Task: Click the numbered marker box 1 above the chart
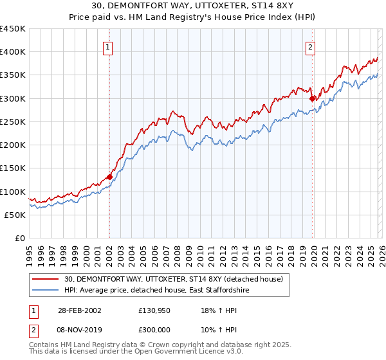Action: (107, 46)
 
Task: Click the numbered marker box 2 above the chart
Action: (310, 46)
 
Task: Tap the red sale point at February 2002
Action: (109, 177)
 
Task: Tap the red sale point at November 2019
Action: (312, 98)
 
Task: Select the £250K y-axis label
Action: (14, 122)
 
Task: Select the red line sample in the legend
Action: (45, 279)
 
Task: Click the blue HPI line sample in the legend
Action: (45, 291)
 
